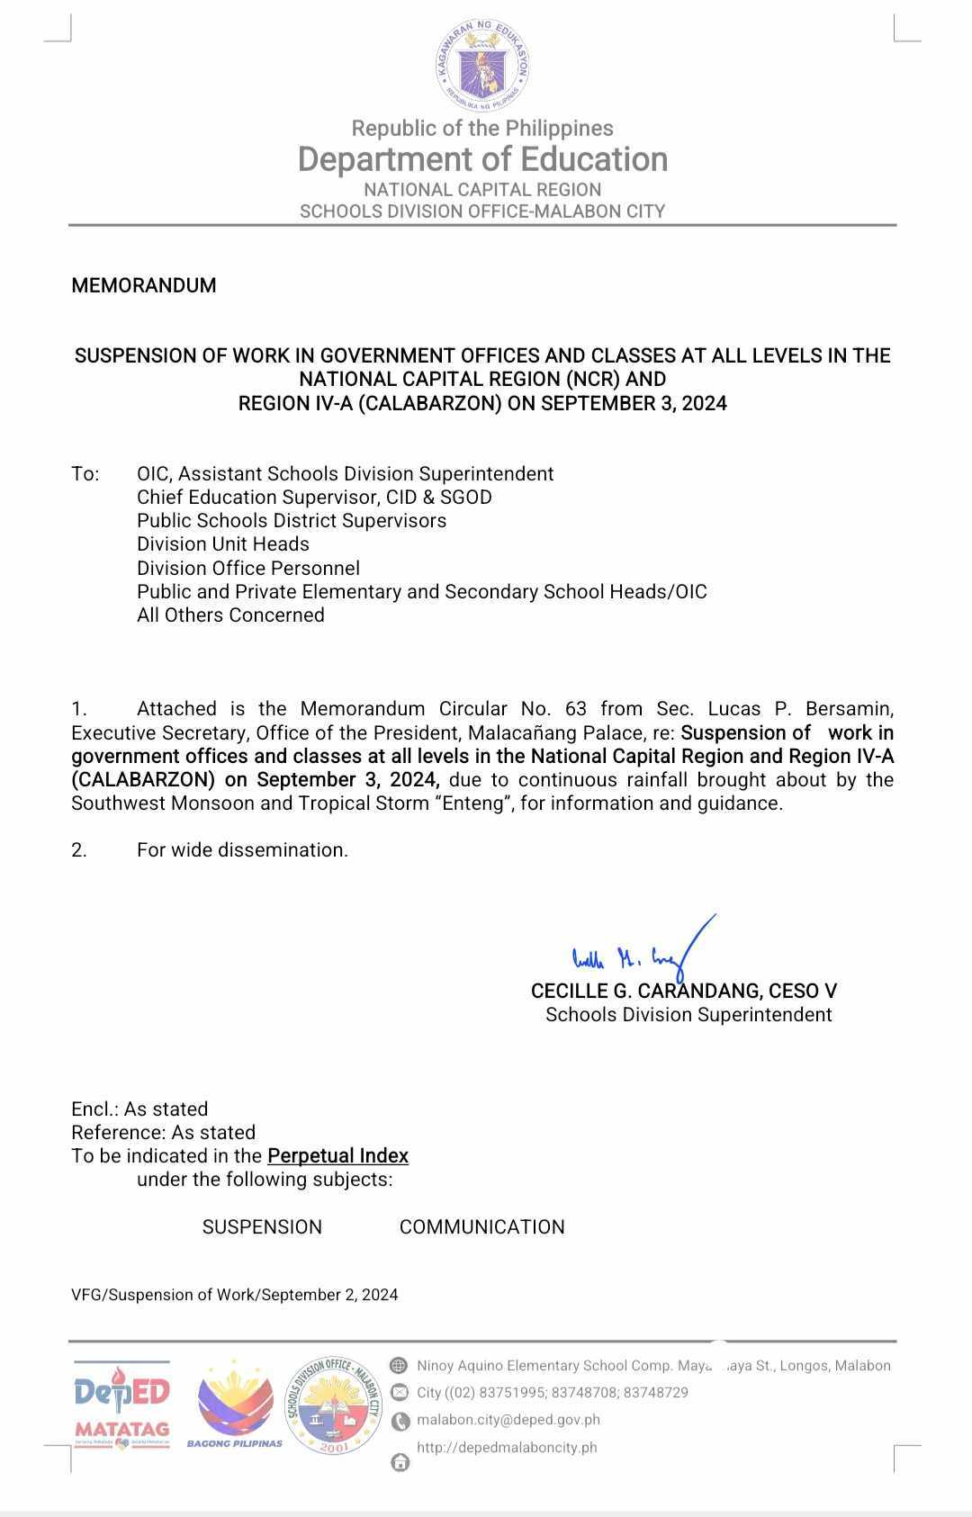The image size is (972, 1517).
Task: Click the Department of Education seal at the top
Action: coord(482,65)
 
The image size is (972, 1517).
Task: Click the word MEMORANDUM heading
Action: coord(144,286)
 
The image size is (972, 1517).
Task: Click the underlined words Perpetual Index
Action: coord(337,1156)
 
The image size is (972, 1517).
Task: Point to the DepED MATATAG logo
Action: coord(121,1405)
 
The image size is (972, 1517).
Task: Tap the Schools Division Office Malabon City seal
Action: coord(334,1405)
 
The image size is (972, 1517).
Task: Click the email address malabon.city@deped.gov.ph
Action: coord(508,1420)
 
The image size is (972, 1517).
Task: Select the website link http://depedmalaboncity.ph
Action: coord(506,1448)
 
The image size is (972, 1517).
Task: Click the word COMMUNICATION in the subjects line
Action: coord(481,1227)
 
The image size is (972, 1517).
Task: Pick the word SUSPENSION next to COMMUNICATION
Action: coord(262,1227)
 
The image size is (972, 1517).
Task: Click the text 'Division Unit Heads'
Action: coord(222,544)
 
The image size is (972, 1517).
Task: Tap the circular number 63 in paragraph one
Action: coord(576,709)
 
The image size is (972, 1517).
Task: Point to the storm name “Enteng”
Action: coord(473,803)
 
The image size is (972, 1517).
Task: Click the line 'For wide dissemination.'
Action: coord(242,850)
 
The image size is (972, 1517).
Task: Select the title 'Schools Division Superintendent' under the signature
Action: coord(688,1015)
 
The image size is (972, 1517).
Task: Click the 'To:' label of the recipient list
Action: coord(85,474)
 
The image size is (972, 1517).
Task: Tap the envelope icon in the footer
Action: coord(400,1393)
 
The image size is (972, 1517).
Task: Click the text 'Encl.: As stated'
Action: coord(139,1109)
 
